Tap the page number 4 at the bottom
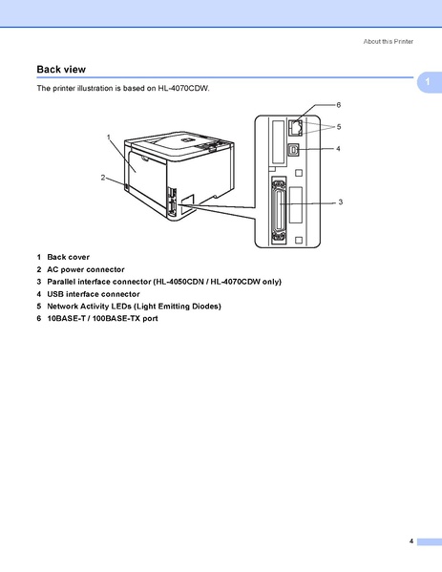pyautogui.click(x=411, y=541)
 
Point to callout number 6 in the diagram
pyautogui.click(x=338, y=103)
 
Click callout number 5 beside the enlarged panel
pyautogui.click(x=338, y=126)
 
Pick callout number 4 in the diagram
pyautogui.click(x=338, y=149)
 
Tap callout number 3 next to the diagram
pyautogui.click(x=340, y=202)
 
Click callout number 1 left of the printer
pyautogui.click(x=110, y=138)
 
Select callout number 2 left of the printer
pyautogui.click(x=102, y=178)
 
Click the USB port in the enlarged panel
pyautogui.click(x=296, y=150)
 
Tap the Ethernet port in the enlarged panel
pyautogui.click(x=296, y=125)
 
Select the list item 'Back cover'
pyautogui.click(x=68, y=257)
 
